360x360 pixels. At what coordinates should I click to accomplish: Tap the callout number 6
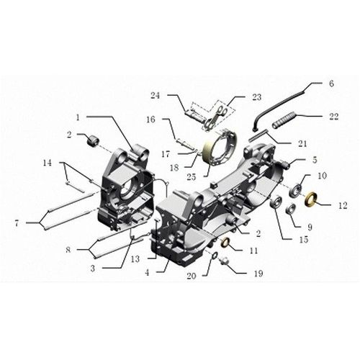pyautogui.click(x=330, y=84)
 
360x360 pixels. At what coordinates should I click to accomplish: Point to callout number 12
pyautogui.click(x=333, y=205)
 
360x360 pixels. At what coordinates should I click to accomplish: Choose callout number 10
pyautogui.click(x=322, y=176)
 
